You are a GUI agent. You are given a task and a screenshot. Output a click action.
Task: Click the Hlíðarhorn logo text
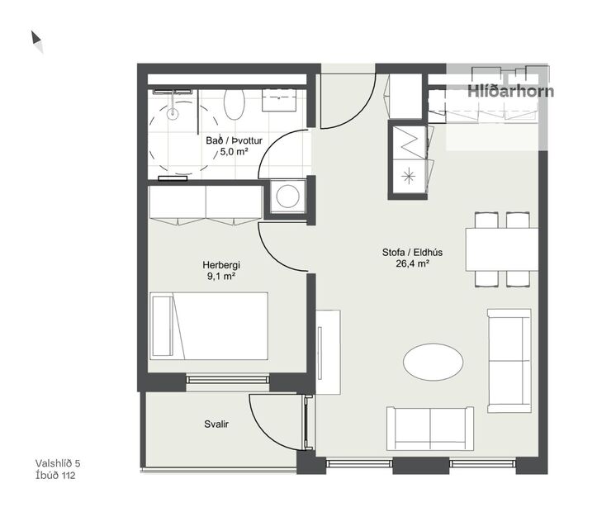(510, 92)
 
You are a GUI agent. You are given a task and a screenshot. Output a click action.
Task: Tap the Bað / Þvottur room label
(234, 140)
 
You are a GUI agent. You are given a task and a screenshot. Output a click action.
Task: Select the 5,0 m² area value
(234, 151)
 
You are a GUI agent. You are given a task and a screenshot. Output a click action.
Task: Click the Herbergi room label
(220, 265)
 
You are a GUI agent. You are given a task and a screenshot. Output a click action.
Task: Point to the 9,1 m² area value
(220, 277)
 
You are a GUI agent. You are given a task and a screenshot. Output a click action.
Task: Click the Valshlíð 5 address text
(58, 464)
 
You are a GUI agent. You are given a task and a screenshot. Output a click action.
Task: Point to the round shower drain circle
(173, 115)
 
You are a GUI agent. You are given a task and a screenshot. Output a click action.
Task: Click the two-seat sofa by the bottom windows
(430, 428)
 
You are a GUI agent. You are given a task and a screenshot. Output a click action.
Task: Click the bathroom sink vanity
(281, 99)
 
